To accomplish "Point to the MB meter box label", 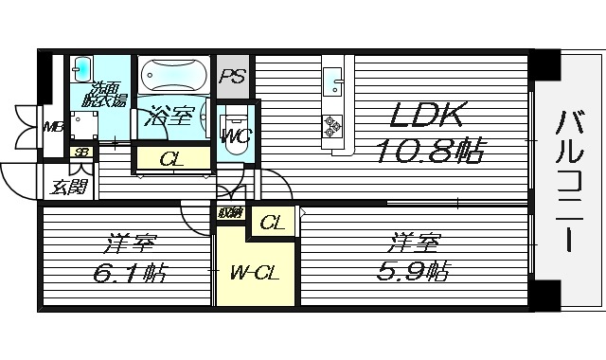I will (x=53, y=126).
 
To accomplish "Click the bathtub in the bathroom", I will (x=174, y=75).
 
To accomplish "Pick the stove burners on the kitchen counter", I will (x=334, y=125).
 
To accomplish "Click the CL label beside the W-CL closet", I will (x=273, y=225).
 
